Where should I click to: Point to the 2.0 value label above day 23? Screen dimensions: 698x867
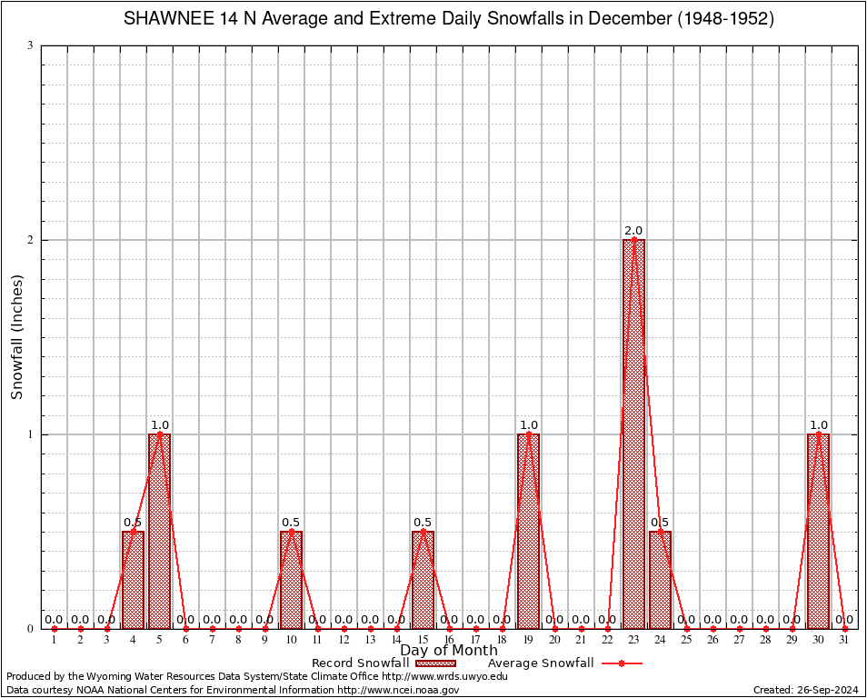pyautogui.click(x=633, y=231)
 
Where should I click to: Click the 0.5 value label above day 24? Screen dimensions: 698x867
pyautogui.click(x=660, y=523)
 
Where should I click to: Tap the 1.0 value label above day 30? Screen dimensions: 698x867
pyautogui.click(x=818, y=425)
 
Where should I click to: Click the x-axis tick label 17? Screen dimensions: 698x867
pyautogui.click(x=475, y=641)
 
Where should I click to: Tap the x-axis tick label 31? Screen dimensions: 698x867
pyautogui.click(x=844, y=641)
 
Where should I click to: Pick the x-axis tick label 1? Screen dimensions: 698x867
pyautogui.click(x=54, y=641)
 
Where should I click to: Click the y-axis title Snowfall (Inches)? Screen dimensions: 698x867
pyautogui.click(x=16, y=338)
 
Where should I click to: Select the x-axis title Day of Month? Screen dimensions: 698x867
pyautogui.click(x=449, y=651)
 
